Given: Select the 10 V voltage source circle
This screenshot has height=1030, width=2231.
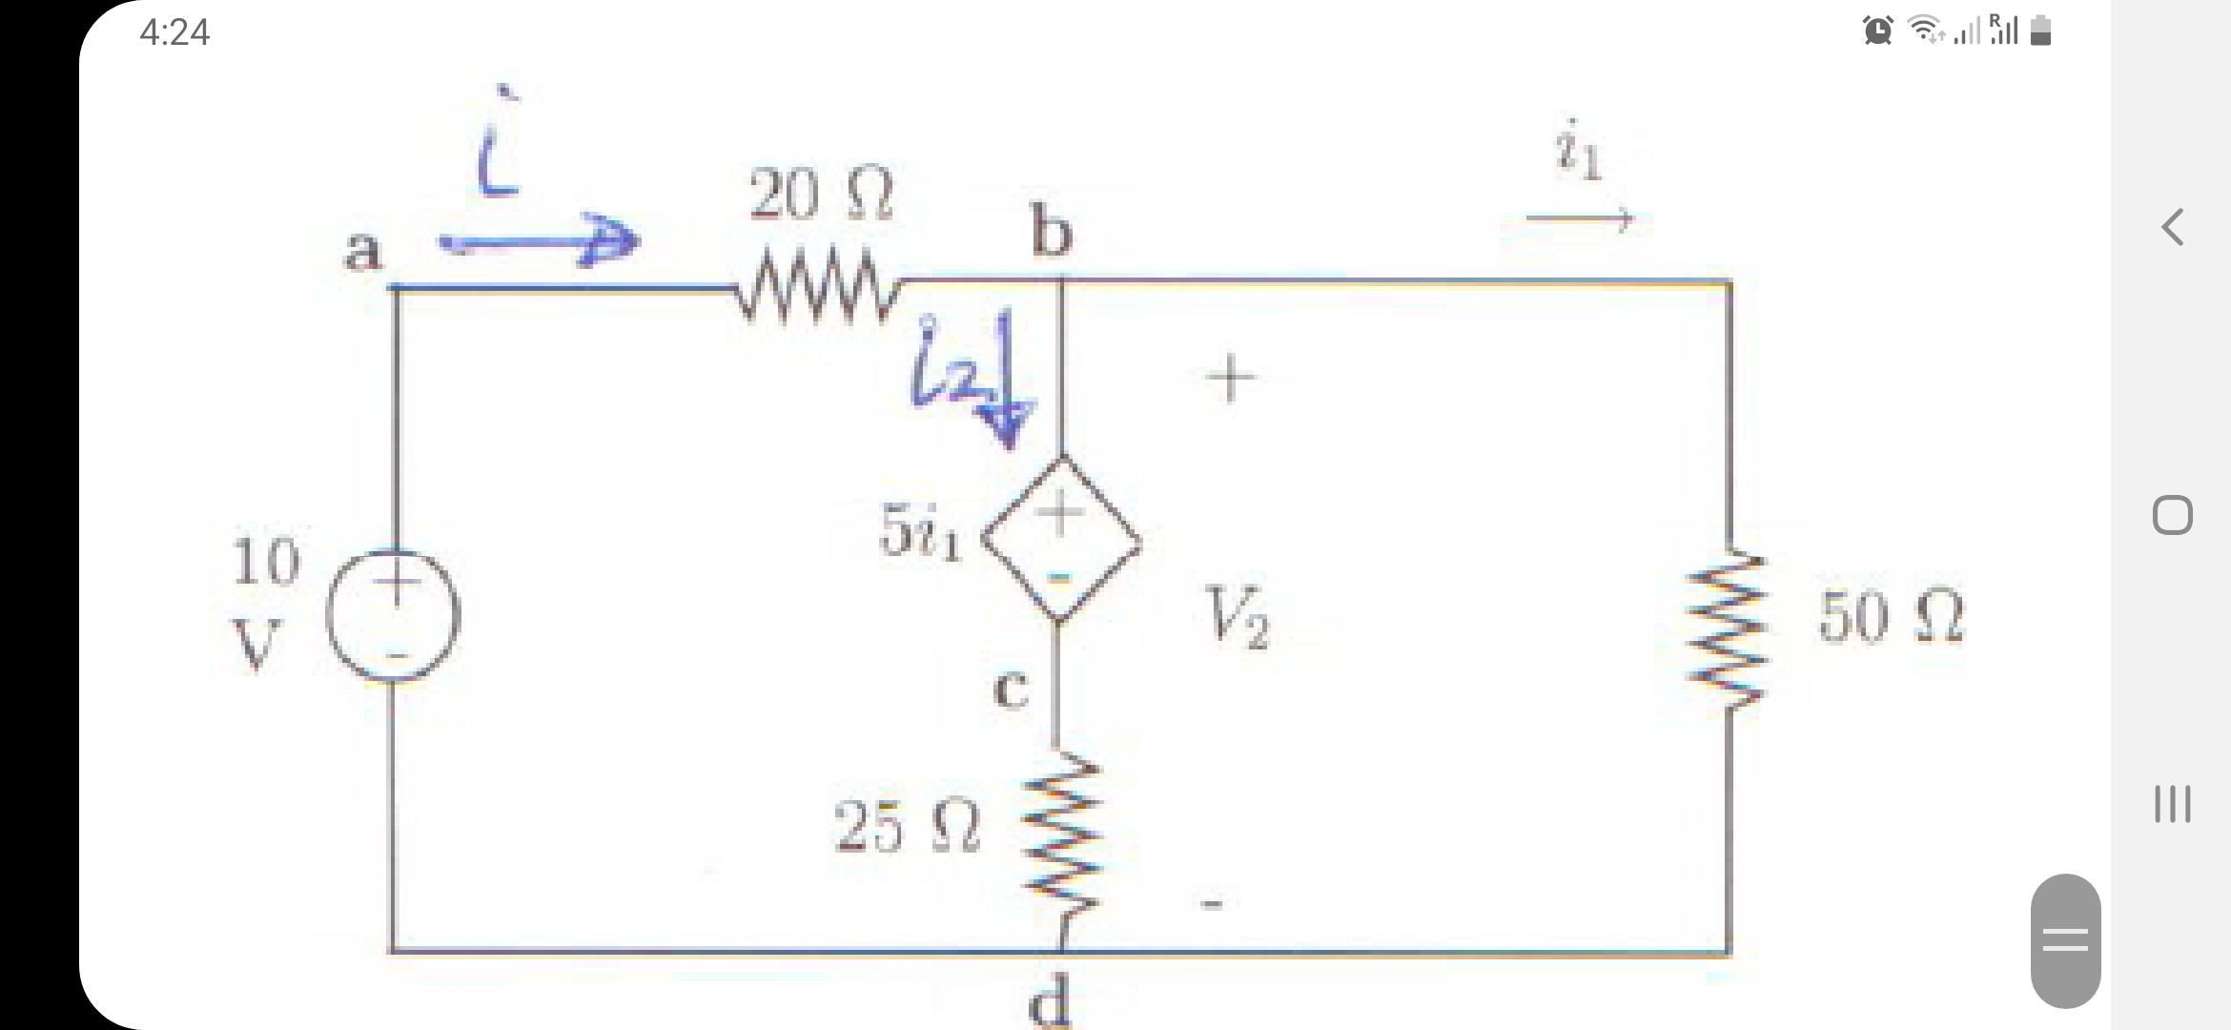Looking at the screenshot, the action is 393,615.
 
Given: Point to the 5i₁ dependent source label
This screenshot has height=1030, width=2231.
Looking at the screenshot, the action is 920,532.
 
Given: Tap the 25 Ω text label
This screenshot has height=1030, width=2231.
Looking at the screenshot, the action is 906,826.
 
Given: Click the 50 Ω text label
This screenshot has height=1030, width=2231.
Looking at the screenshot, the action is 1891,617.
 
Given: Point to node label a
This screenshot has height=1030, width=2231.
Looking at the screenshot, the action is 362,252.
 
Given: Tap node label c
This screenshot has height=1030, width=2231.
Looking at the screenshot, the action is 1011,690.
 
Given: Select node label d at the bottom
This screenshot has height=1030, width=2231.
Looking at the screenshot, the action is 1050,1004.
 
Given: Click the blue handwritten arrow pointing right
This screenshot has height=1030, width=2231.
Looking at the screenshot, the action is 539,242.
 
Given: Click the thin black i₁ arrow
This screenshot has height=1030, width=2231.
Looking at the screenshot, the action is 1580,219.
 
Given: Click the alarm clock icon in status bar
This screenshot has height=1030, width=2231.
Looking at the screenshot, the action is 1877,31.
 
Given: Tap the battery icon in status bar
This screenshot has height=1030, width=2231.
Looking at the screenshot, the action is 2040,31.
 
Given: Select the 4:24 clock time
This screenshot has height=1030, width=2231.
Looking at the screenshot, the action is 174,32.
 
